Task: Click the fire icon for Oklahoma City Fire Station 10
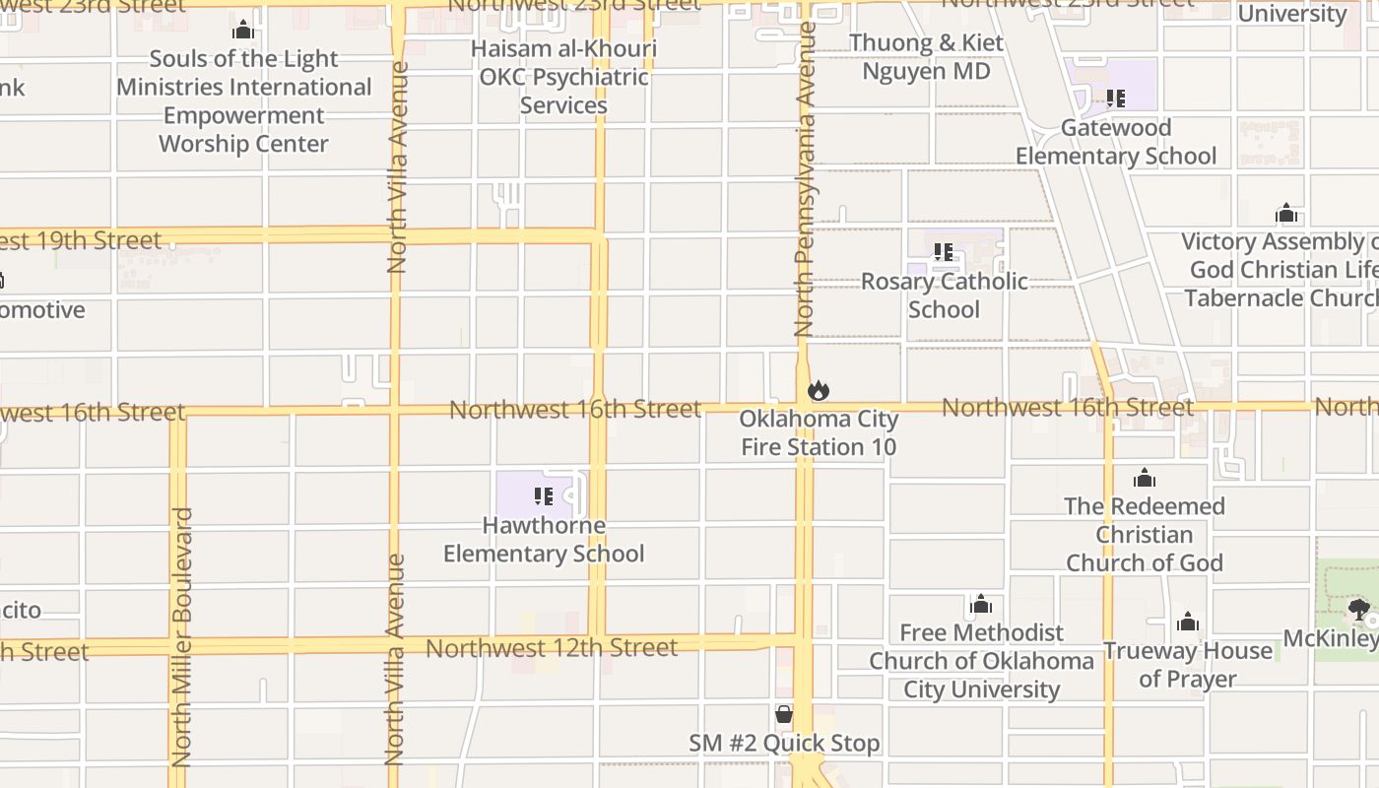click(x=818, y=391)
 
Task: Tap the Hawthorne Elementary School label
click(x=544, y=540)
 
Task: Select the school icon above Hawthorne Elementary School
click(x=543, y=495)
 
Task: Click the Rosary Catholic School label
click(x=944, y=295)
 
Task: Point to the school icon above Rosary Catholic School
click(x=943, y=253)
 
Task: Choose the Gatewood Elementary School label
click(x=1116, y=142)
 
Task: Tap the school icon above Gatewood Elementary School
click(x=1115, y=98)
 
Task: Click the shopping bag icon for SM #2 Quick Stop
click(x=784, y=714)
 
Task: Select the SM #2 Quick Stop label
click(x=784, y=744)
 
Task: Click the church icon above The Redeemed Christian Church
click(x=1144, y=478)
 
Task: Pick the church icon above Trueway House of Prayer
click(x=1188, y=622)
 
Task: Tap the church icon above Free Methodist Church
click(x=981, y=603)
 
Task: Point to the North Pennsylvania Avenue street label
click(x=806, y=177)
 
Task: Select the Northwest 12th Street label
click(x=552, y=648)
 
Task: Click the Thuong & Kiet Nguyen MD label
click(x=926, y=57)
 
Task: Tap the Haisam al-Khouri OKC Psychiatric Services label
click(x=563, y=77)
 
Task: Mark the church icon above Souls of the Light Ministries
click(x=243, y=31)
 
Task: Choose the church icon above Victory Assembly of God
click(x=1286, y=214)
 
